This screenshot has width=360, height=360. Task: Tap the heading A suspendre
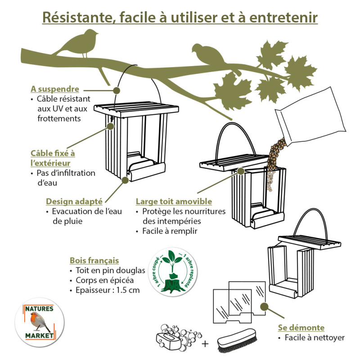click(x=55, y=89)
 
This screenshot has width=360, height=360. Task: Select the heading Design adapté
click(x=74, y=201)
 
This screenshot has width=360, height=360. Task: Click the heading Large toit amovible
click(x=174, y=201)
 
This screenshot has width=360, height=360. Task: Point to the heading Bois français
click(x=94, y=261)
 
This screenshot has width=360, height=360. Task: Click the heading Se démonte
click(x=301, y=328)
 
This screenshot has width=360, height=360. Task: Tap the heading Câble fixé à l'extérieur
click(x=53, y=158)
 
